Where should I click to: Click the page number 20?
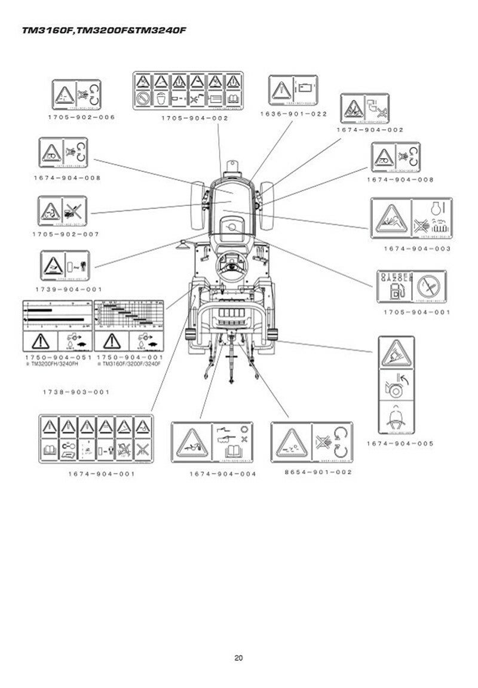[x=238, y=658]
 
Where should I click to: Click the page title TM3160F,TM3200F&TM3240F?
[x=100, y=29]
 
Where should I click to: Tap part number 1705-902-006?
[x=81, y=117]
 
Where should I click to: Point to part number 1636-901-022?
[x=293, y=113]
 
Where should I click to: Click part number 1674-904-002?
[x=370, y=130]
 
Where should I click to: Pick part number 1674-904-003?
[x=417, y=248]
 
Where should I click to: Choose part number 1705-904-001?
[x=417, y=312]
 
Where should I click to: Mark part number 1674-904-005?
[x=400, y=443]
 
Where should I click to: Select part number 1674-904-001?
[x=101, y=474]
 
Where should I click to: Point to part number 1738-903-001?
[x=76, y=392]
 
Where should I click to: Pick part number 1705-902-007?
[x=66, y=234]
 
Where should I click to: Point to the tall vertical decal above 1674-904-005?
[x=396, y=385]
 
